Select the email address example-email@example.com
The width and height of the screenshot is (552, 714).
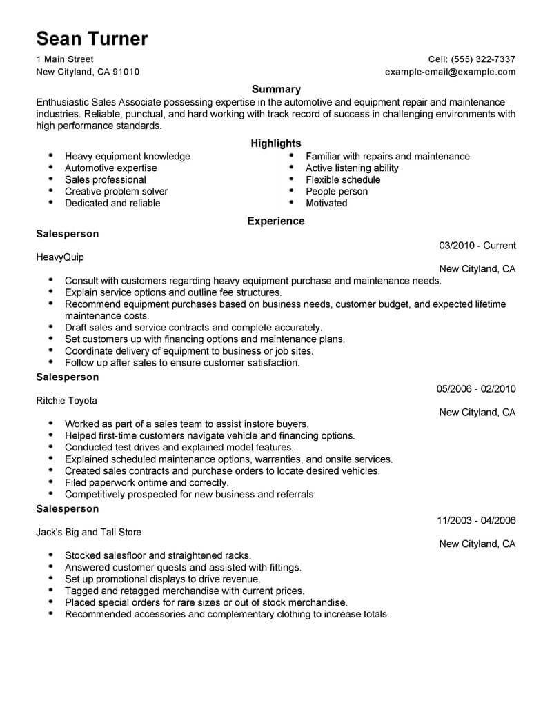(450, 72)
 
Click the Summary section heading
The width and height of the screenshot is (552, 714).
(276, 89)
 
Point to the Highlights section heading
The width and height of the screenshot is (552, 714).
(276, 143)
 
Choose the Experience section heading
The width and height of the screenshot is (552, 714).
(276, 221)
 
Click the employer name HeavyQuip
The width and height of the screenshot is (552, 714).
(63, 257)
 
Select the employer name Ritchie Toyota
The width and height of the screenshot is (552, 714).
(67, 401)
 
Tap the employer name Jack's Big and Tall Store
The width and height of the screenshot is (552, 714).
(88, 532)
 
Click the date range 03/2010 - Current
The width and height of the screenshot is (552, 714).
(477, 246)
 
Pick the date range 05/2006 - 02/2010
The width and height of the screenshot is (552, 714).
(476, 389)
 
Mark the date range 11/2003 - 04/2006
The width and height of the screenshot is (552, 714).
(477, 520)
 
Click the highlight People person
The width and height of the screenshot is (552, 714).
(337, 191)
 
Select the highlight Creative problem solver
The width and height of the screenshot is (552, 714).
(117, 191)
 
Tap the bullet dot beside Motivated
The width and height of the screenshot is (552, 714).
(291, 203)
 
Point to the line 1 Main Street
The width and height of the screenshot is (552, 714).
(65, 59)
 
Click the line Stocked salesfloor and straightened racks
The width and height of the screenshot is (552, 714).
(158, 555)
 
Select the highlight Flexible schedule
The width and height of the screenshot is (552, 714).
(343, 179)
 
